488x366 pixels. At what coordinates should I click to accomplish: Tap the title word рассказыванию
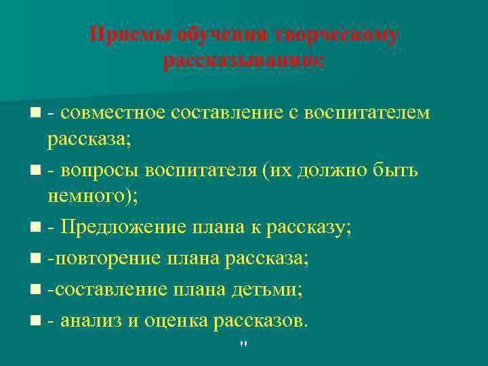(x=243, y=62)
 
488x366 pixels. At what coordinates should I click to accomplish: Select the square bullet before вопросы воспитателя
(x=35, y=171)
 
